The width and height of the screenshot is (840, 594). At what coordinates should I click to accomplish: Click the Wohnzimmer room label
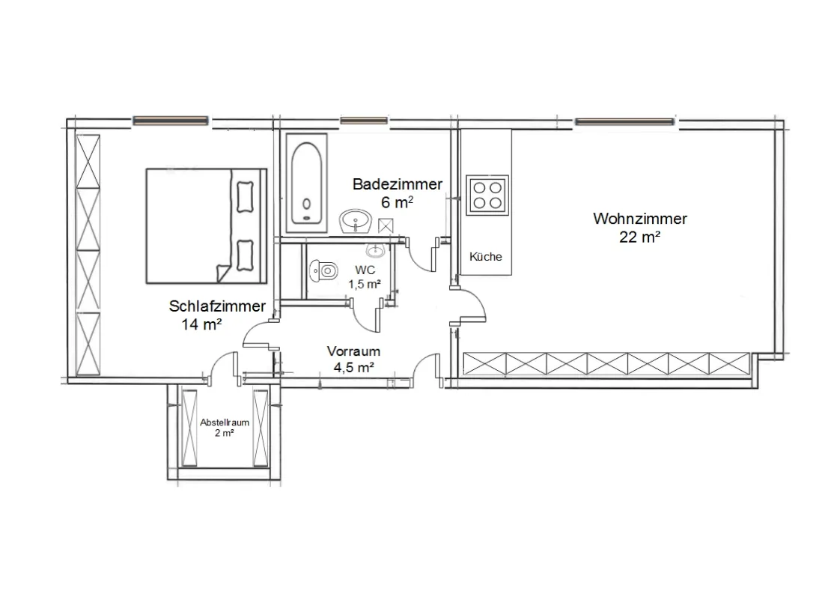point(639,219)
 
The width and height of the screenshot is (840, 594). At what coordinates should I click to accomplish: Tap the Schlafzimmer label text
point(217,306)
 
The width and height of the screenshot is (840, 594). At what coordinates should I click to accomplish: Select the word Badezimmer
point(398,184)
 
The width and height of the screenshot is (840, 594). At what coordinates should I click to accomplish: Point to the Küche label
point(485,257)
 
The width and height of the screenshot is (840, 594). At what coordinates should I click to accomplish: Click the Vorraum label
point(353,351)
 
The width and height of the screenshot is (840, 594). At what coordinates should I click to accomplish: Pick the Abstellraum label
point(225,422)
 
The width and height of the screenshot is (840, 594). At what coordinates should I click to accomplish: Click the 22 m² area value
point(639,237)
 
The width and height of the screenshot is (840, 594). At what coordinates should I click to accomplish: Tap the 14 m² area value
point(201,324)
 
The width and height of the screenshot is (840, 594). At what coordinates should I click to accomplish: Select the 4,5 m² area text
point(353,368)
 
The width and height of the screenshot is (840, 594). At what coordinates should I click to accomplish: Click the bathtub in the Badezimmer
point(306,183)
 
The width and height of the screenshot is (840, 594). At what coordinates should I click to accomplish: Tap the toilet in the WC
point(323,270)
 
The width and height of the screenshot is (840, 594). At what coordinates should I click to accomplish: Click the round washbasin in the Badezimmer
point(356,221)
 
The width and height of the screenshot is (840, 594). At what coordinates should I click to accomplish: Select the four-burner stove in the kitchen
point(487,196)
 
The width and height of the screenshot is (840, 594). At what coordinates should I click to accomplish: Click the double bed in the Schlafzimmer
point(206,225)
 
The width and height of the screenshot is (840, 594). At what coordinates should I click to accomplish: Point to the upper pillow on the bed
point(245,197)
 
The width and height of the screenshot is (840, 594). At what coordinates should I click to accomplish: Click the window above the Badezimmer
point(364,121)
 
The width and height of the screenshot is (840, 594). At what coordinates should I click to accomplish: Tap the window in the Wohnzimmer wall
point(624,121)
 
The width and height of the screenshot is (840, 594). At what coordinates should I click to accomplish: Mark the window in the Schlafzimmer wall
point(171,121)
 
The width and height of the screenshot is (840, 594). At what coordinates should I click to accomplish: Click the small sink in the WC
point(375,250)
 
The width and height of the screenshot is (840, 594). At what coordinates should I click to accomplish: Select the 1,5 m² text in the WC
point(365,284)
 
